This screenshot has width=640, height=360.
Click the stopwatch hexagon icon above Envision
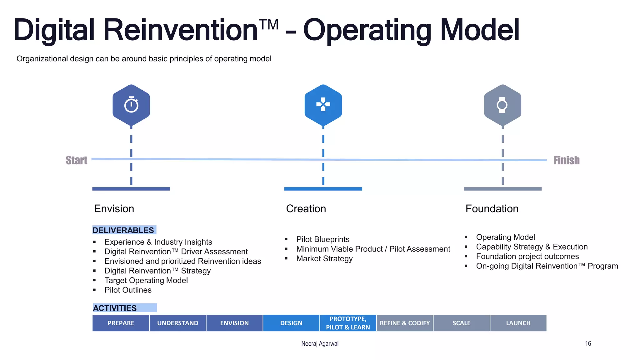(131, 105)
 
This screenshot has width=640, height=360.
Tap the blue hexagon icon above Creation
(323, 105)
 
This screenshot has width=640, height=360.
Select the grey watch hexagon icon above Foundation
(502, 105)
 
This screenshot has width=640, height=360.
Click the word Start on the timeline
(77, 160)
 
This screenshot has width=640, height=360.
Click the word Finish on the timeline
(566, 160)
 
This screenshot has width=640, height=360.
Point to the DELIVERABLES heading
(124, 230)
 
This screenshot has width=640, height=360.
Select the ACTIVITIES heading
(115, 308)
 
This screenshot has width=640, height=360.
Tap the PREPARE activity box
(121, 323)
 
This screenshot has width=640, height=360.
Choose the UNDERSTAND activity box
(178, 323)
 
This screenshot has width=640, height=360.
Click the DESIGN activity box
(291, 323)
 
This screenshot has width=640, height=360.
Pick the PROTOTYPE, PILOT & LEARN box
(348, 323)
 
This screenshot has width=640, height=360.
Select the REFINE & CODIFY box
(405, 323)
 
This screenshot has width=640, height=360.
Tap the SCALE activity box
(461, 323)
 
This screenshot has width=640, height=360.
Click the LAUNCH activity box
(518, 323)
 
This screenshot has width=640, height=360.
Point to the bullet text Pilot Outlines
(128, 290)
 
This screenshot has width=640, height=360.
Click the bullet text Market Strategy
(324, 259)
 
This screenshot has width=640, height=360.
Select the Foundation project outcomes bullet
(527, 257)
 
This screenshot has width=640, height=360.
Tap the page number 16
(588, 344)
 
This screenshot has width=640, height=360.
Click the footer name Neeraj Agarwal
(320, 344)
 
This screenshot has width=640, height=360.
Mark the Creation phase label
(306, 209)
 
